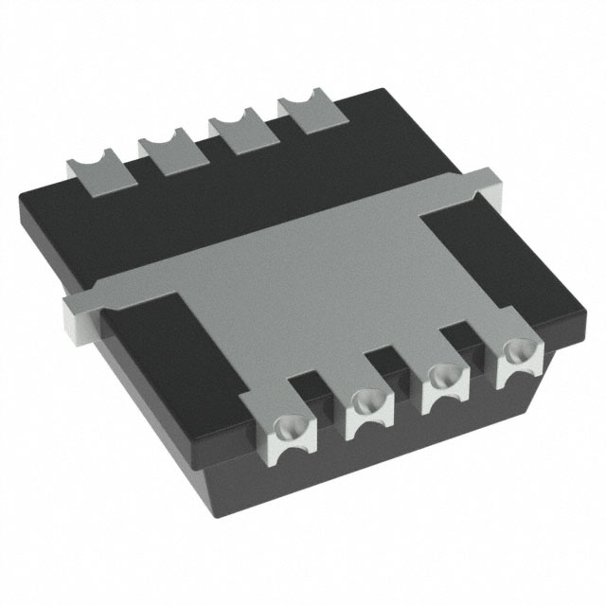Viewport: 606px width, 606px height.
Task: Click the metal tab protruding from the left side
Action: (x=78, y=314)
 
